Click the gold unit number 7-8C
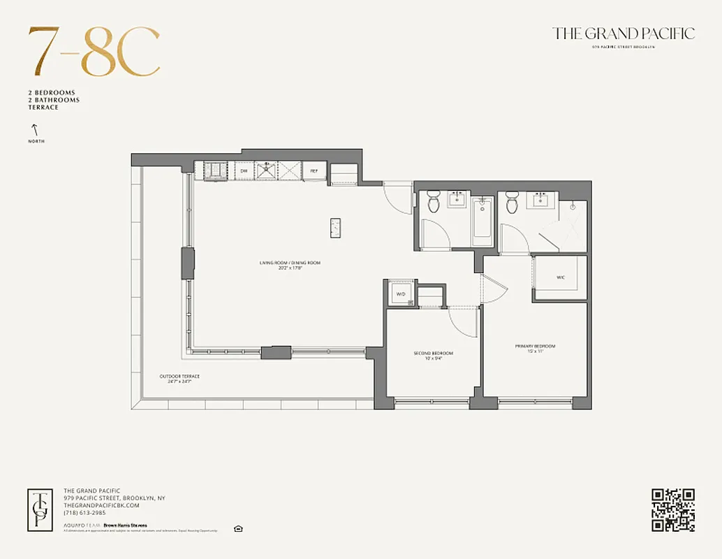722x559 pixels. coord(94,53)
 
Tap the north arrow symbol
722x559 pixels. coord(33,130)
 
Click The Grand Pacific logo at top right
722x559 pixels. coord(623,34)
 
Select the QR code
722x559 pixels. coord(672,509)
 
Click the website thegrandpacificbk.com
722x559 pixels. coord(101,505)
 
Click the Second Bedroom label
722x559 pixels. coord(433,354)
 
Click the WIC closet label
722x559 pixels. coord(560,277)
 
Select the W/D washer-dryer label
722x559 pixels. coord(401,294)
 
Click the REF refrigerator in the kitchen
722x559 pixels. coord(314,170)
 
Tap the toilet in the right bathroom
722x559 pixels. coord(512,203)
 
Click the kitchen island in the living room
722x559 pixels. coord(336,228)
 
